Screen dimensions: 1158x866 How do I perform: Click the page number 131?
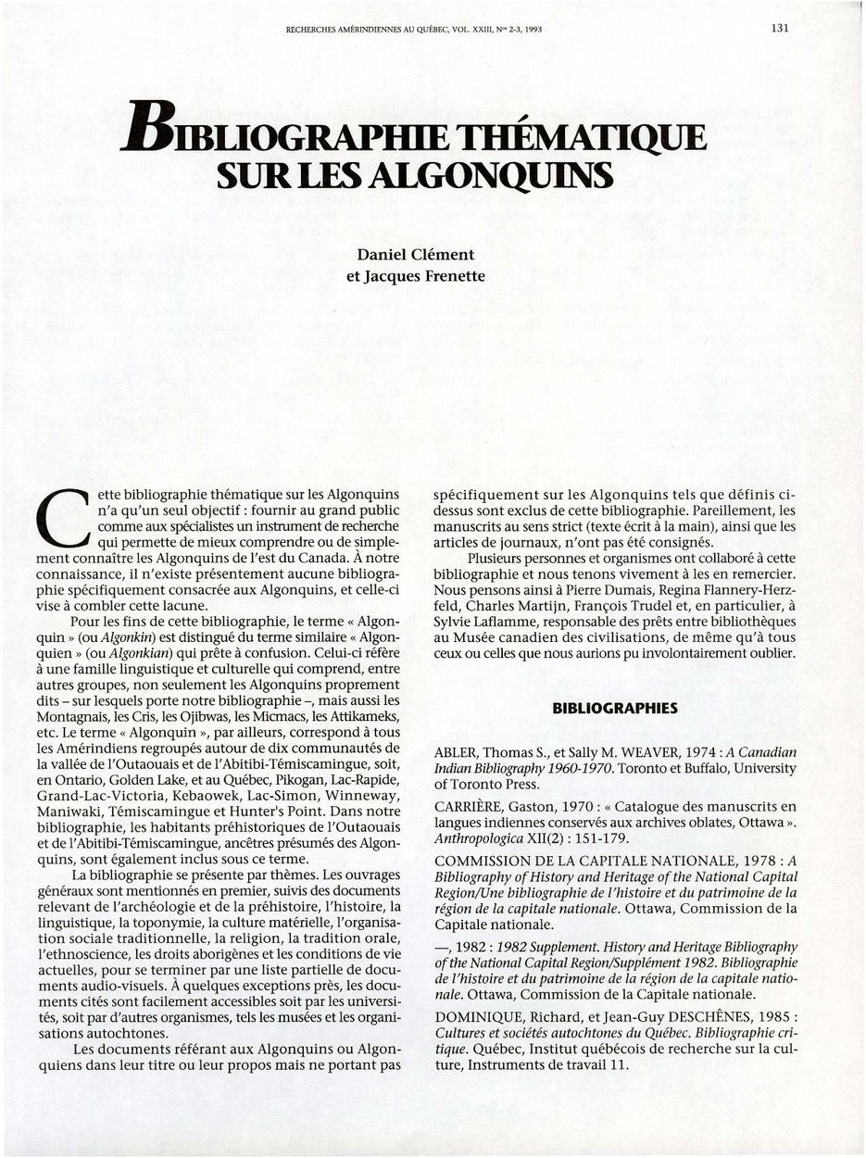pos(779,28)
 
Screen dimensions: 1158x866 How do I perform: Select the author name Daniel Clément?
pos(415,254)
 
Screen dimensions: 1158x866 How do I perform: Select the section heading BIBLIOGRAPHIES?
pos(615,709)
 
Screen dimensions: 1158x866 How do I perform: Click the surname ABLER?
pos(458,752)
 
